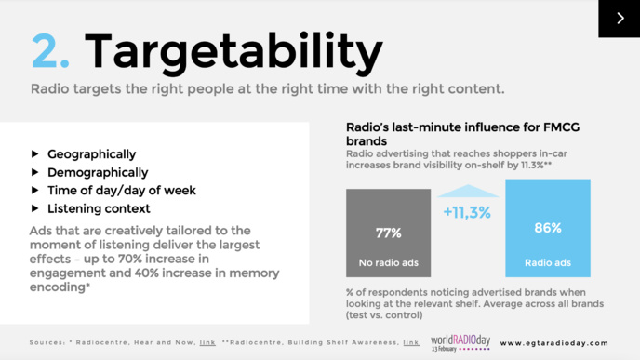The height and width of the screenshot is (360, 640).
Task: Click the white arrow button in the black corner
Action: (619, 18)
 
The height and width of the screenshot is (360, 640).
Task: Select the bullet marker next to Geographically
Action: (35, 153)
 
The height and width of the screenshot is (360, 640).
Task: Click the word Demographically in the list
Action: (98, 172)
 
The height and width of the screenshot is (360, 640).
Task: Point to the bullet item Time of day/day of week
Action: (121, 190)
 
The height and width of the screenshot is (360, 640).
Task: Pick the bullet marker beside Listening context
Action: (35, 207)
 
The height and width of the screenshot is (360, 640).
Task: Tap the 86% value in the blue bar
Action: (548, 227)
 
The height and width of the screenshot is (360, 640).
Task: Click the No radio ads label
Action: (389, 262)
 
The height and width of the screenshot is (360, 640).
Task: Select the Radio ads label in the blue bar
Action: (548, 262)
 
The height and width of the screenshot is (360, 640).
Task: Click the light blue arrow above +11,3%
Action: (467, 192)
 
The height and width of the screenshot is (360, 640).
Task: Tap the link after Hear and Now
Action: (207, 342)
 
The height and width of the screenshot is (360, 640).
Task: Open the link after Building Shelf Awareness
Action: (410, 342)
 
